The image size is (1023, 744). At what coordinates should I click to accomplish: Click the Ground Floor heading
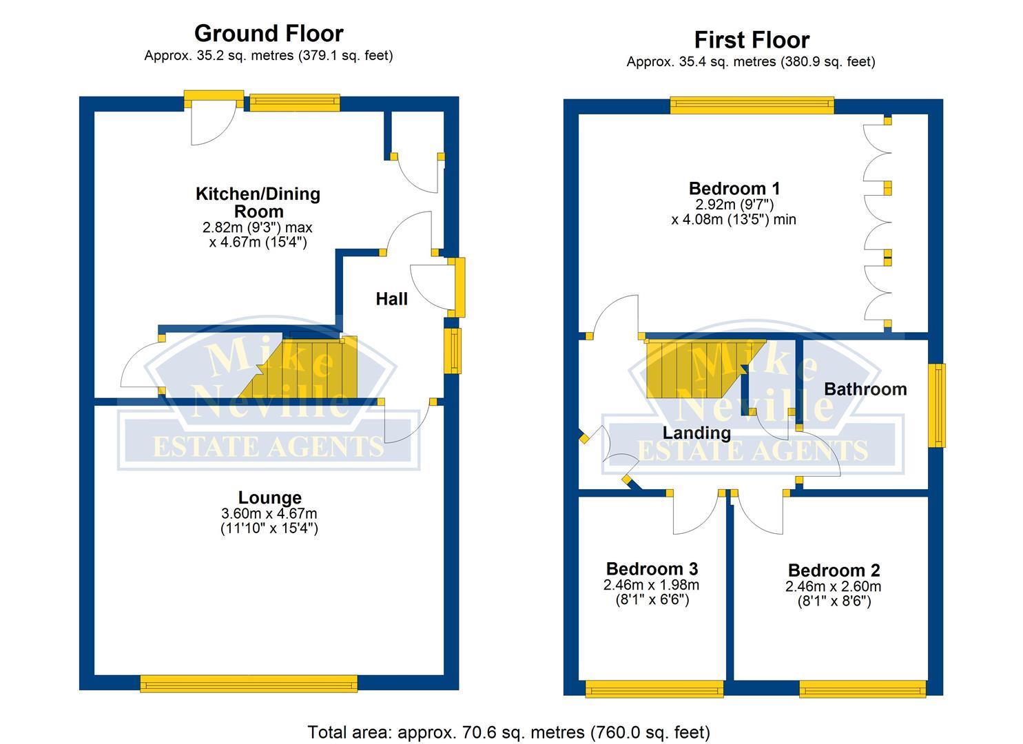269,33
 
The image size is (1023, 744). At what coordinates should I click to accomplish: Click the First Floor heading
751,40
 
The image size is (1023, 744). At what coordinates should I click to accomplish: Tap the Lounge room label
269,497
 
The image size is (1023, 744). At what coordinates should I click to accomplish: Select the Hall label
391,299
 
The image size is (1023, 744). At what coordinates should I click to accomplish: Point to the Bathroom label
865,389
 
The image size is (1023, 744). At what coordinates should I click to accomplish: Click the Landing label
696,433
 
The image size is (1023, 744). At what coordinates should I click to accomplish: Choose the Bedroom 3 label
652,569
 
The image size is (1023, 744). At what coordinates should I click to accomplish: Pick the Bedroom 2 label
834,570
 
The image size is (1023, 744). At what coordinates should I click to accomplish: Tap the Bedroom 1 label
734,188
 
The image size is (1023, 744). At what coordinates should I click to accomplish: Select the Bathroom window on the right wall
937,406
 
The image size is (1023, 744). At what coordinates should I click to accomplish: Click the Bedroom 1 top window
752,105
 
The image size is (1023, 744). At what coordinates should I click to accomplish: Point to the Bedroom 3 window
654,688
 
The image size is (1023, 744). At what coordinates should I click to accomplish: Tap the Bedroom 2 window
862,688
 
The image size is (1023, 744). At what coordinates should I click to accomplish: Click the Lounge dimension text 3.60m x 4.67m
269,514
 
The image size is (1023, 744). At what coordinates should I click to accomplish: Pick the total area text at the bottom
508,732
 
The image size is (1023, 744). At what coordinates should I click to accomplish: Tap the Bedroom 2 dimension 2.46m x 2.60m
834,587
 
